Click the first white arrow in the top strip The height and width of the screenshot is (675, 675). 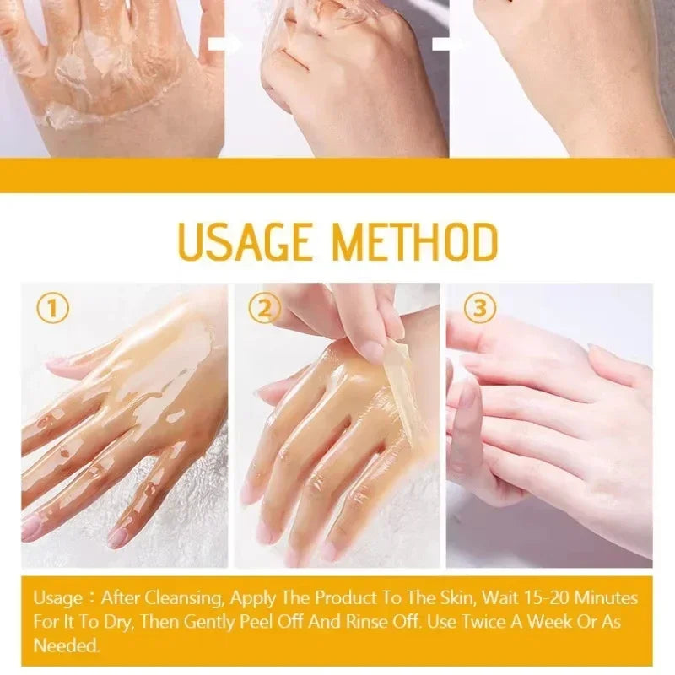point(224,45)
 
